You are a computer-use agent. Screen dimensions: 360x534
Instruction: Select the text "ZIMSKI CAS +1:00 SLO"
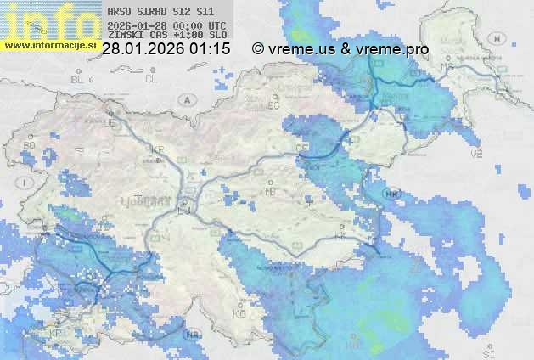(x=166, y=37)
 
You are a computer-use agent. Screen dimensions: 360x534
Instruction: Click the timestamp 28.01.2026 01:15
(x=166, y=50)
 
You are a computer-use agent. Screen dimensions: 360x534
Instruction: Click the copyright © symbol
(x=259, y=50)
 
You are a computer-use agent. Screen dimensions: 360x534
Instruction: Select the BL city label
(x=78, y=79)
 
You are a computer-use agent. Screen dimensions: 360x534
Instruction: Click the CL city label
(x=152, y=79)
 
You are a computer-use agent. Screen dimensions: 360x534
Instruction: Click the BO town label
(x=30, y=145)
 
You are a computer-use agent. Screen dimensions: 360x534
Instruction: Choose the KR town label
(x=157, y=149)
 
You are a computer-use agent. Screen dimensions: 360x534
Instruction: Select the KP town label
(x=56, y=332)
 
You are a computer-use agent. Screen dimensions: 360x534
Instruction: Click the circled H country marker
(x=194, y=334)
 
